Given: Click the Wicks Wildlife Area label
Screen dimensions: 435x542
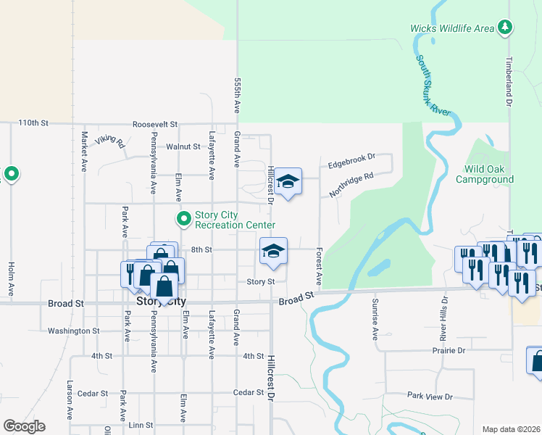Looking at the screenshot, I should [451, 28].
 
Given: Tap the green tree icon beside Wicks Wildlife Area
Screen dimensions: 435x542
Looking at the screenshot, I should [504, 28].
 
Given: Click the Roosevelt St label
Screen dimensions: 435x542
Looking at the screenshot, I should [154, 124].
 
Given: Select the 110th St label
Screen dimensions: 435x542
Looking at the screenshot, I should [33, 123].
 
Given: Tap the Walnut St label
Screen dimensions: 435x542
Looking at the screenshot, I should [183, 146].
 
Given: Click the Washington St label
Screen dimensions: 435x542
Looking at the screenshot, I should [73, 331].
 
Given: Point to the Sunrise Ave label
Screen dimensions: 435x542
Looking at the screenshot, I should [375, 318].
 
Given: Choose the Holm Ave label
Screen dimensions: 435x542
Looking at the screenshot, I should [11, 278].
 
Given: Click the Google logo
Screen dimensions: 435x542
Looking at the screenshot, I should [24, 426].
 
